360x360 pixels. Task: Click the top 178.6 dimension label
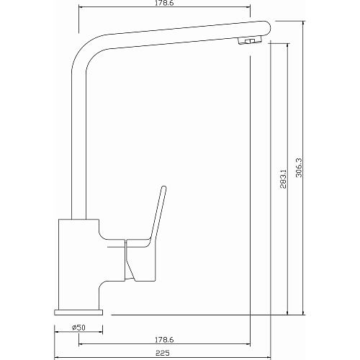coord(165,3)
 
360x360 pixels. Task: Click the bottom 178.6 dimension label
coord(164,340)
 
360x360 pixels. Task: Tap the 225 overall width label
coord(163,353)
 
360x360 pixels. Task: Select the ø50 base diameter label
coord(78,328)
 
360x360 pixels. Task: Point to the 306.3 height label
coord(299,168)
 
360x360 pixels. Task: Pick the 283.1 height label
coord(284,179)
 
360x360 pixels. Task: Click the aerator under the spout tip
coord(250,40)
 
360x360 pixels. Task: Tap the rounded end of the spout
coord(268,27)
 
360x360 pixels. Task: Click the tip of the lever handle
coord(163,187)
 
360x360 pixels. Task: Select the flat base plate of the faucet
coord(78,312)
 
